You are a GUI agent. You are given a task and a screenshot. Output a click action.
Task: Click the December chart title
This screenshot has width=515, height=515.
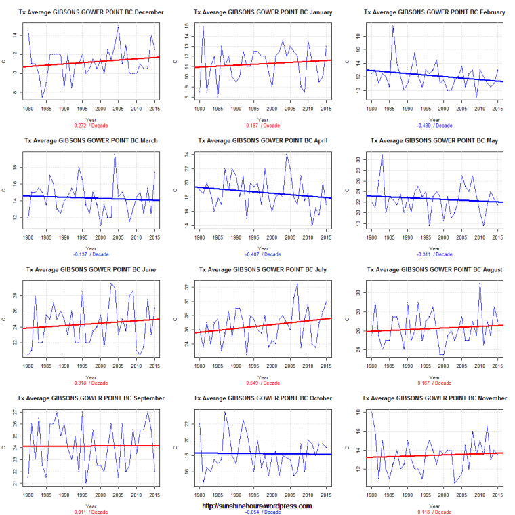pos(89,12)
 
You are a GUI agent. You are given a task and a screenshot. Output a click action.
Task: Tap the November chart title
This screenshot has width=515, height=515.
pos(432,398)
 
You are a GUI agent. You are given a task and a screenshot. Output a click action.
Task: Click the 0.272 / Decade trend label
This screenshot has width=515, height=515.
pos(89,126)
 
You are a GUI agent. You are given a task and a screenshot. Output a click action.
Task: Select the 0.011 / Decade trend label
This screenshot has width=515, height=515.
pos(89,511)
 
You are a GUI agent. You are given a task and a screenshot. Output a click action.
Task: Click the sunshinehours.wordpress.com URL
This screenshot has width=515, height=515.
pos(257,506)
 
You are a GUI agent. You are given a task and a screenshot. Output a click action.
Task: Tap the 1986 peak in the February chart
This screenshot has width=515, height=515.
pos(392,26)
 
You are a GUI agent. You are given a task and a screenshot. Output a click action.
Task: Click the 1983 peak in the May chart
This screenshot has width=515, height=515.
pos(382,155)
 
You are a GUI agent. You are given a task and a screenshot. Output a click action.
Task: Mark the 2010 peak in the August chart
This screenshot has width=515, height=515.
pos(480,283)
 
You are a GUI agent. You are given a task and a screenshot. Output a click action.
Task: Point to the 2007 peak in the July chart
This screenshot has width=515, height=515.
pos(297,283)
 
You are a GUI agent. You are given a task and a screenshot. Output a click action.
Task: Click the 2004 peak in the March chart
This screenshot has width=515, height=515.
pos(115,155)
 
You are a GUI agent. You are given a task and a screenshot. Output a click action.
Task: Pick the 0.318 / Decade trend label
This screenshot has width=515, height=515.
pos(89,383)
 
